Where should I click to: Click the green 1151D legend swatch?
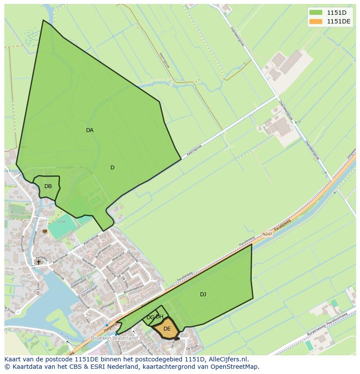coord(316,13)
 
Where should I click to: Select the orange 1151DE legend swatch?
coord(316,21)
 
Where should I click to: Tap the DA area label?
coord(90,130)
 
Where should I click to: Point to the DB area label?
coord(48,186)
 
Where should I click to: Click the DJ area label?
coord(203,295)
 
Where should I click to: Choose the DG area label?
coord(150,318)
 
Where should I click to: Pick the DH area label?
coord(160,317)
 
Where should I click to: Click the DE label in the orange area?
coord(167,329)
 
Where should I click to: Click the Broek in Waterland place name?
coord(114,338)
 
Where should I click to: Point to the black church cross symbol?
coord(38,262)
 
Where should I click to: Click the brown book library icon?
coord(44,232)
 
